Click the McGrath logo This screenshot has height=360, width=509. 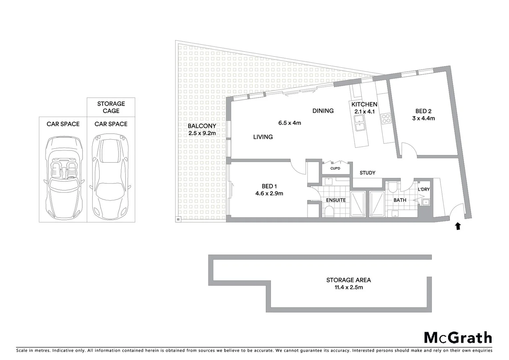(458, 338)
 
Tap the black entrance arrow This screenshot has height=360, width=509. (458, 227)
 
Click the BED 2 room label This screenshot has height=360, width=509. (423, 111)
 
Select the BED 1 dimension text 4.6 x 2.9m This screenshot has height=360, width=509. (269, 193)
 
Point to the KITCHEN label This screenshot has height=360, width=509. (364, 104)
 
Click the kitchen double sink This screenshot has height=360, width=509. (359, 123)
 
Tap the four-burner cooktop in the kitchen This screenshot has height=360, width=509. (386, 119)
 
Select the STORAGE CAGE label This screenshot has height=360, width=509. (111, 107)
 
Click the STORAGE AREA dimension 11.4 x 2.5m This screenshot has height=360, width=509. (348, 287)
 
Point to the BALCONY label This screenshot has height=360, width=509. (202, 126)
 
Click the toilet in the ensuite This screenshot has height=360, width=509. (329, 211)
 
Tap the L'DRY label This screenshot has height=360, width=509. (424, 189)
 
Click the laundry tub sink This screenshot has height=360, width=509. (425, 202)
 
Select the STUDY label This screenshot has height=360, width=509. (367, 173)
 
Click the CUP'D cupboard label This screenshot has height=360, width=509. (335, 168)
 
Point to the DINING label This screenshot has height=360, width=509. (323, 111)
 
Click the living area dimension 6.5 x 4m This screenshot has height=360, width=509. (289, 123)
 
